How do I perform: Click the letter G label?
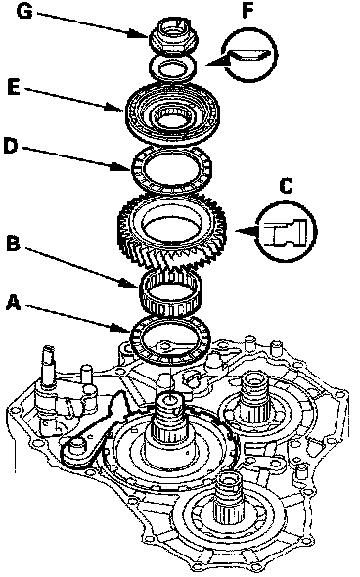(25, 11)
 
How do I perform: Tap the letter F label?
(248, 11)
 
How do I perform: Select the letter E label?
(14, 88)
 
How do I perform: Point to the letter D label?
(10, 145)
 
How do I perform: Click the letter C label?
(286, 186)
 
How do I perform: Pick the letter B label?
(13, 244)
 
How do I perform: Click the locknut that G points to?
(173, 35)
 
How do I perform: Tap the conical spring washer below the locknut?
(172, 67)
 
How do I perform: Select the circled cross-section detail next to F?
(250, 54)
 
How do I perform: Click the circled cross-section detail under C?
(287, 231)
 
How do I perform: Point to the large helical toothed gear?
(172, 233)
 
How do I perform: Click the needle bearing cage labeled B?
(171, 293)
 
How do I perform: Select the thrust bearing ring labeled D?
(171, 169)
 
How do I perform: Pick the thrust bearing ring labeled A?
(170, 339)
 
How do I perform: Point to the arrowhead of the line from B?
(135, 286)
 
